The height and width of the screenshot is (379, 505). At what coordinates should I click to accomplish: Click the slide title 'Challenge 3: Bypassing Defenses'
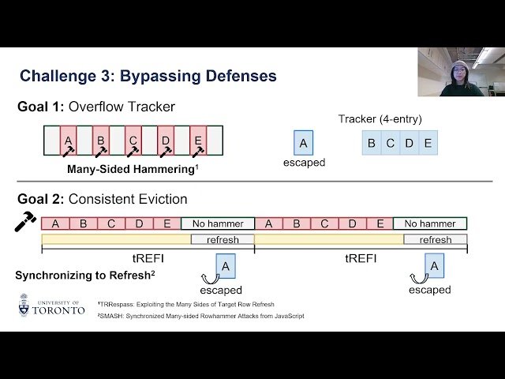[148, 76]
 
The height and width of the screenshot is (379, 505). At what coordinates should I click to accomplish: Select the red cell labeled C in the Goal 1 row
[133, 141]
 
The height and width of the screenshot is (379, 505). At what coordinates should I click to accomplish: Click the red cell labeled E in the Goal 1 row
[198, 141]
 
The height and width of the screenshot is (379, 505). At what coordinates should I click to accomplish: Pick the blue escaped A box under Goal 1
[303, 143]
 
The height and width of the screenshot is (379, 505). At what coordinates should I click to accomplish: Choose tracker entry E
[428, 143]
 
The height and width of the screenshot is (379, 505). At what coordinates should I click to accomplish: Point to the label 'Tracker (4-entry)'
[380, 119]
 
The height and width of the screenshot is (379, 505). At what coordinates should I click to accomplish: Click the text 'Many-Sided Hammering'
[129, 168]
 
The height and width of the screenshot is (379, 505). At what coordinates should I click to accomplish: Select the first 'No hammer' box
[218, 223]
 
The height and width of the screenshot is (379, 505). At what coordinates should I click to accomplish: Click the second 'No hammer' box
[430, 223]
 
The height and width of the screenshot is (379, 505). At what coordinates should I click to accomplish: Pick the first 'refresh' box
[223, 239]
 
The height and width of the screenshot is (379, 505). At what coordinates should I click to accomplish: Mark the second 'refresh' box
[436, 239]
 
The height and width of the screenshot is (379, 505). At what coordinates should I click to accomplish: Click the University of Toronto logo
[51, 306]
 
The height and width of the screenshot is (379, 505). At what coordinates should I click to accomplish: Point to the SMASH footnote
[200, 316]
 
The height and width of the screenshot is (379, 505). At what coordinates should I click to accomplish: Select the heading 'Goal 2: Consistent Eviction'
[103, 199]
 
